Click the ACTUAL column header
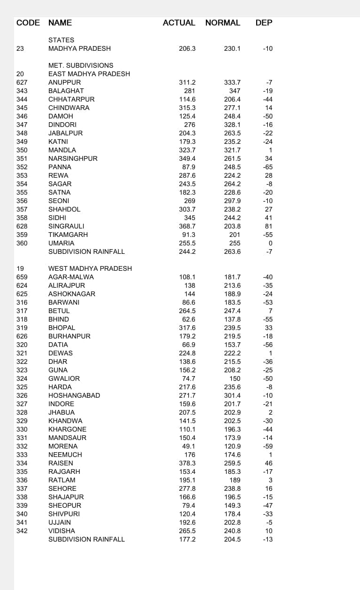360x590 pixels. [179, 23]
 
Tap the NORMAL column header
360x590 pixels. [223, 23]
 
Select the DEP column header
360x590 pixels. [264, 23]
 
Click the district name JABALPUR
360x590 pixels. [65, 133]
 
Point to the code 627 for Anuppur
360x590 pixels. [22, 82]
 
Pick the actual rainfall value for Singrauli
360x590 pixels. [187, 226]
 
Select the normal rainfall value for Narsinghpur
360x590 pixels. [232, 158]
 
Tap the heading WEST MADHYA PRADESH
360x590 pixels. [90, 268]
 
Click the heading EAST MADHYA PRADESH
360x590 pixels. [89, 74]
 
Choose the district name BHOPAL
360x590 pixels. [62, 328]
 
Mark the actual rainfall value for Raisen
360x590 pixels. [187, 463]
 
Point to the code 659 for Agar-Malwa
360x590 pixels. [22, 277]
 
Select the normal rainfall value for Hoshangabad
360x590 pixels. [232, 395]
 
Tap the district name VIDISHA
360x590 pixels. [62, 531]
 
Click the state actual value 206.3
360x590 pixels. [187, 48]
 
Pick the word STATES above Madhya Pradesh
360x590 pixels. [61, 40]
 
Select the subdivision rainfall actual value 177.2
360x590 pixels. [187, 539]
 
